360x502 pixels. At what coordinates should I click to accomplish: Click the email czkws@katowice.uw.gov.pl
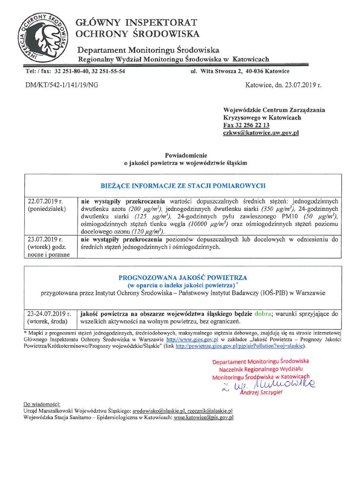click(x=260, y=133)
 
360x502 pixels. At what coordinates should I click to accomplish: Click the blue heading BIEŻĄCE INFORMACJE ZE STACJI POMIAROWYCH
click(x=182, y=186)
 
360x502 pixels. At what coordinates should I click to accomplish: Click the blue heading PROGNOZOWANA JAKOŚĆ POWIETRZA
click(x=182, y=278)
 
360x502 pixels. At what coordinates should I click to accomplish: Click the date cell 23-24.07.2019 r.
click(x=49, y=314)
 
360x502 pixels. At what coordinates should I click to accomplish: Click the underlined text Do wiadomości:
click(x=41, y=404)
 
